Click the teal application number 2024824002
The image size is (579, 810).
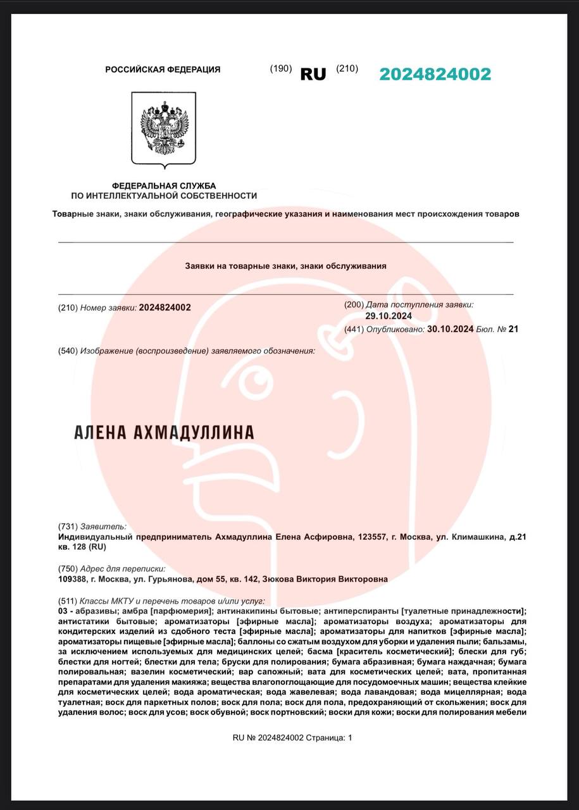[435, 74]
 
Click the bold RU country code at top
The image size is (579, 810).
[313, 74]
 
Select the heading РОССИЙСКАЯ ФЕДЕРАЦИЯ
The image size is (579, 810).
[163, 70]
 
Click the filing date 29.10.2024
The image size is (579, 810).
[389, 316]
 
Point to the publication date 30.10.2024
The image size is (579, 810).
[451, 329]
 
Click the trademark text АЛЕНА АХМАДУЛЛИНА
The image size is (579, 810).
[164, 433]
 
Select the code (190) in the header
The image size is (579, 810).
[280, 69]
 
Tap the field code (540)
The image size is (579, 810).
[68, 351]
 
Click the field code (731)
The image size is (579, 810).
[68, 526]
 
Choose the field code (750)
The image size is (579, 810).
[68, 569]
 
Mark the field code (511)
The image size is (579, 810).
[68, 601]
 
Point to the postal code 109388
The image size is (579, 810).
[72, 579]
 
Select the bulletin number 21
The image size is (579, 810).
[513, 329]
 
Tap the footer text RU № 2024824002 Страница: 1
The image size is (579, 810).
[292, 738]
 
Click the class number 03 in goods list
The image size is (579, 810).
[63, 611]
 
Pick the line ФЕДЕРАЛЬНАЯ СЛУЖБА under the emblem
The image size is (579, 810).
[164, 186]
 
